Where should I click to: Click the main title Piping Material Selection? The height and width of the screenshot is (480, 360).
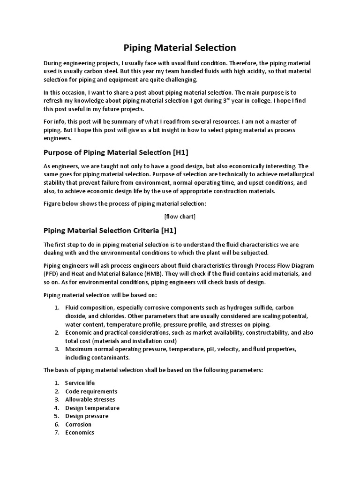pyautogui.click(x=180, y=47)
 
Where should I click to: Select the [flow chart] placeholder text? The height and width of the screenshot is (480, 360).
pyautogui.click(x=180, y=216)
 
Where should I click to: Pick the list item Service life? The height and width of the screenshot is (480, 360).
pyautogui.click(x=80, y=383)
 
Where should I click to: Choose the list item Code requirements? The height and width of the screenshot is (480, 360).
pyautogui.click(x=91, y=391)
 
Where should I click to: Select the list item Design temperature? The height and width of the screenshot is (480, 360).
pyautogui.click(x=92, y=408)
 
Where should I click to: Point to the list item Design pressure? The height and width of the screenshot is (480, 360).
pyautogui.click(x=87, y=416)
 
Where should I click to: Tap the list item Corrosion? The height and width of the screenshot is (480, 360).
pyautogui.click(x=78, y=424)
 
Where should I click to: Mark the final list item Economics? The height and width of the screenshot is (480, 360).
pyautogui.click(x=80, y=432)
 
